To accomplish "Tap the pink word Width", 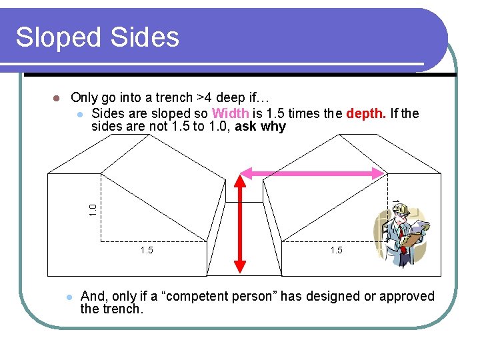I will pos(230,113).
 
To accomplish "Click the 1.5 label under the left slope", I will pos(147,250).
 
